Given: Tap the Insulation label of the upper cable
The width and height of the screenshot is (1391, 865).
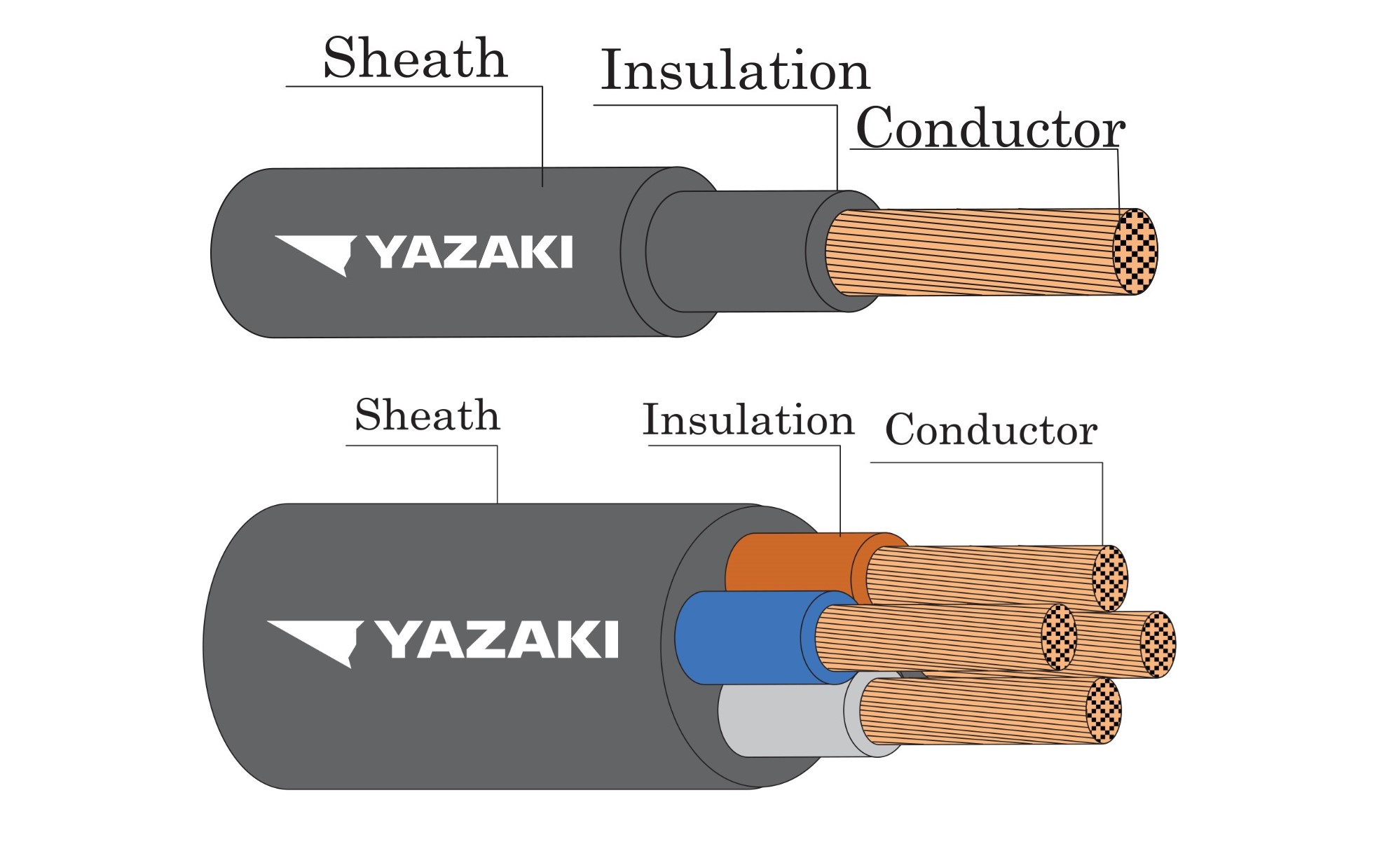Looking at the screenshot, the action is coord(735,70).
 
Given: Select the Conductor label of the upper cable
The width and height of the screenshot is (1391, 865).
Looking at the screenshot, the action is coord(990,128).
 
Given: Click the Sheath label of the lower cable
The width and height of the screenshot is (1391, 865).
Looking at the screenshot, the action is coord(427,415).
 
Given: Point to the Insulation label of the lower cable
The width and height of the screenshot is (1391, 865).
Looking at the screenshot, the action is coord(748,420).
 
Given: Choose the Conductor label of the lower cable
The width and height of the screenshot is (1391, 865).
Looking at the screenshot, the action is coord(991,429).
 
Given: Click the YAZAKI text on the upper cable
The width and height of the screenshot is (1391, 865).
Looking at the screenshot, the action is coord(471,252).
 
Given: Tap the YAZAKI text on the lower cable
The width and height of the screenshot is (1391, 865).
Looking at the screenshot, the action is coord(498,639).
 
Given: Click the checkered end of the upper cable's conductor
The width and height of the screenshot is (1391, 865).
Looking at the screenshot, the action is coord(1135,251).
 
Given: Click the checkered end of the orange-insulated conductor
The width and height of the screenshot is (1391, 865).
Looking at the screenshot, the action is coord(1111,579).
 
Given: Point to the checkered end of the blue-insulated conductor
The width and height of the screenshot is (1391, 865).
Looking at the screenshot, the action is coord(1059,637).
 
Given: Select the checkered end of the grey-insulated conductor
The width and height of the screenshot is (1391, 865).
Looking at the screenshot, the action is coord(1104,710).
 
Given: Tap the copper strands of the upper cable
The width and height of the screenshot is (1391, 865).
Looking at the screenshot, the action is coord(974,251).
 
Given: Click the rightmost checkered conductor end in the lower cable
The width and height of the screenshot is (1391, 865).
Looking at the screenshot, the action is coord(1158,644).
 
